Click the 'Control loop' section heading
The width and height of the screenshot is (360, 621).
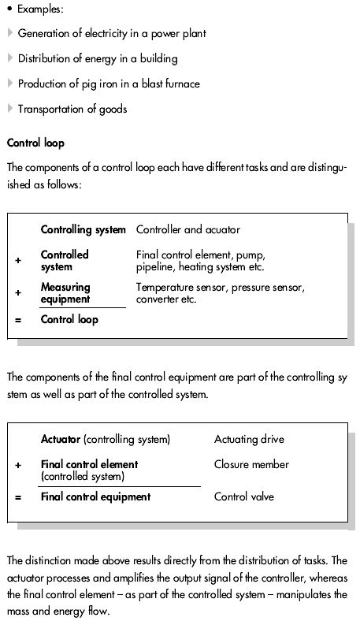click(x=35, y=143)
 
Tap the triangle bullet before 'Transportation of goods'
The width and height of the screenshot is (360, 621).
click(x=9, y=109)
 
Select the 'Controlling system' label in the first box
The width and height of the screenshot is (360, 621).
click(x=83, y=230)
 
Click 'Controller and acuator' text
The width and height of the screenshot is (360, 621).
click(x=188, y=230)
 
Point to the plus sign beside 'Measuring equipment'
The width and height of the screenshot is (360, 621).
click(x=18, y=292)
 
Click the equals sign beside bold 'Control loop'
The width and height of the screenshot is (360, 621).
click(x=18, y=321)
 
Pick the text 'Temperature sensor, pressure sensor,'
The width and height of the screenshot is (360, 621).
click(x=220, y=288)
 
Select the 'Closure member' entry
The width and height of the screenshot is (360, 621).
click(x=251, y=465)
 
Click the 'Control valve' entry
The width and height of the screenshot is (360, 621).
click(x=244, y=497)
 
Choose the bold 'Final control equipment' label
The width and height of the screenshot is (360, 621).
click(x=95, y=497)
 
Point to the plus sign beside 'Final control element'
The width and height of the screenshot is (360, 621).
click(x=18, y=465)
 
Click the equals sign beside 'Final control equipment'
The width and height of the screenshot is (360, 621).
click(x=18, y=497)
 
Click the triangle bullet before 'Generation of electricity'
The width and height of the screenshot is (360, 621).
click(x=9, y=33)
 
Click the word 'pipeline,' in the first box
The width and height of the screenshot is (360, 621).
click(x=157, y=266)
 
